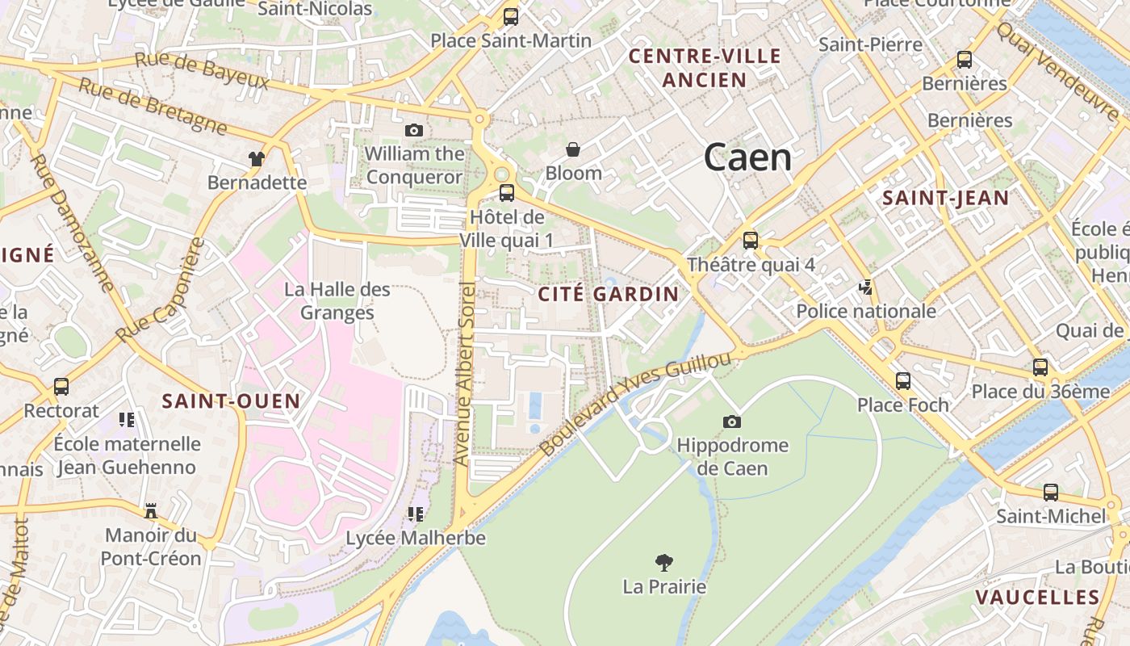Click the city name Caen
pos(747,157)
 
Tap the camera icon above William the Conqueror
pos(413,130)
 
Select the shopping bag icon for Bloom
pos(573,149)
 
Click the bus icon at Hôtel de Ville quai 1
pos(507,193)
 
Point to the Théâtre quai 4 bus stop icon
pos(751,240)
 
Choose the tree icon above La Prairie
pos(664,562)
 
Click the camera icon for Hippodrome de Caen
pos(732,422)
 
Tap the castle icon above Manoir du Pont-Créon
pos(150,510)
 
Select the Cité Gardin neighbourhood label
pos(609,294)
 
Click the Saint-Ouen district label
pos(231,401)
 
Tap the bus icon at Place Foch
pos(902,380)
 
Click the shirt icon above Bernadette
pos(257,158)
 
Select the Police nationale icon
pos(866,287)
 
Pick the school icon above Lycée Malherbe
pos(416,514)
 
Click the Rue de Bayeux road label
pos(201,70)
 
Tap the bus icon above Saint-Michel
pos(1050,492)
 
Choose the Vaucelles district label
pos(1037,598)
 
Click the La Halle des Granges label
pos(337,300)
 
